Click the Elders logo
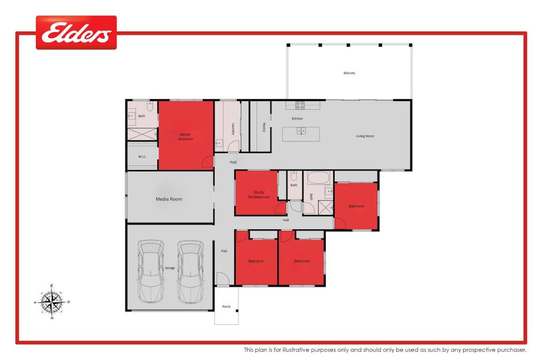coord(76,33)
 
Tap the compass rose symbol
coord(52,302)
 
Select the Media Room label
coord(169,199)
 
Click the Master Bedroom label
coord(185,137)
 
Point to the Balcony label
coord(349,73)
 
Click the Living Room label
coord(365,136)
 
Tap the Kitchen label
coord(297,118)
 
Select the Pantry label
coord(265,127)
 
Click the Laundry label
coord(234,129)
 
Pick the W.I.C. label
coord(142,156)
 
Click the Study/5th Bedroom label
coord(259,195)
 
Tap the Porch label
coord(226,307)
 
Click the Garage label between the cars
coord(170,268)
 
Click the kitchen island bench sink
coord(301,131)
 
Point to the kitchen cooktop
coord(300,105)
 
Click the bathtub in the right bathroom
coord(319,178)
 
